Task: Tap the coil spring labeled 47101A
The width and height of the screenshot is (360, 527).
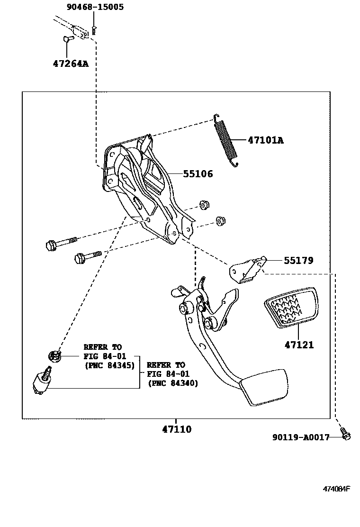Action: coord(225,141)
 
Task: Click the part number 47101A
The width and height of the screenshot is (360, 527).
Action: coord(265,140)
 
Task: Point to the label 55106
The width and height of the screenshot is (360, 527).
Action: coord(198,174)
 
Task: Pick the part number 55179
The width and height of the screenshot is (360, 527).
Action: coord(298,260)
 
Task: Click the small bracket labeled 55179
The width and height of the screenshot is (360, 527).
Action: coord(246,272)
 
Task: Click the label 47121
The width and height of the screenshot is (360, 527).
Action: coord(299,345)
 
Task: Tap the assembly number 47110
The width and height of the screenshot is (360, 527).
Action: coord(177,429)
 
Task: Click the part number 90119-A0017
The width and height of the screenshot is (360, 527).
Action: coord(301,437)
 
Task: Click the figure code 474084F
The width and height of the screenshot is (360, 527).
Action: coord(336,489)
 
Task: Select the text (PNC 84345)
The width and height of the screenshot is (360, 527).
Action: coord(109,365)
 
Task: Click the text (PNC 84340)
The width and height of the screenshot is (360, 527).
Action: coord(173,383)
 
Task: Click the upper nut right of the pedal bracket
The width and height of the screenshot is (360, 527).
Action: coord(205,205)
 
